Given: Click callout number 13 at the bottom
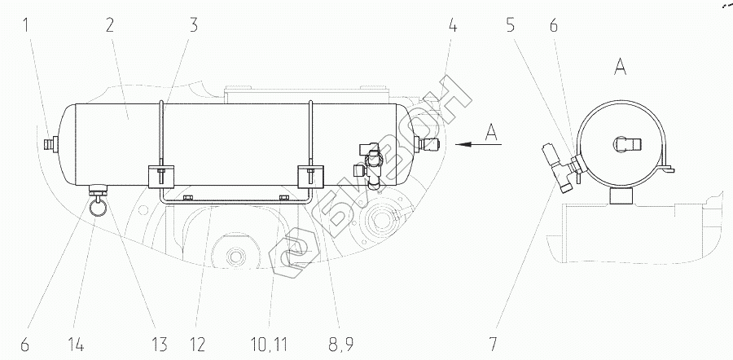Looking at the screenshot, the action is click(x=159, y=345).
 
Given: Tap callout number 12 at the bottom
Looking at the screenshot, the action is click(x=197, y=345).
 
